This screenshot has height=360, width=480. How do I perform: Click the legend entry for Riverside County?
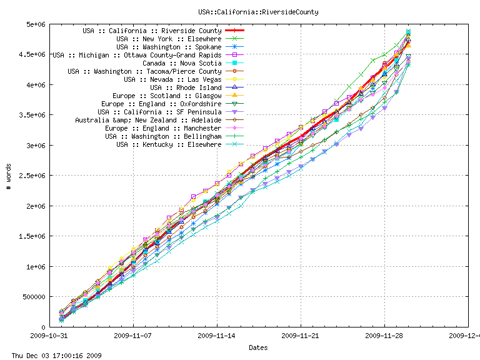pos(152,31)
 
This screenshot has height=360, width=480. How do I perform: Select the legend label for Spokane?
pos(169,47)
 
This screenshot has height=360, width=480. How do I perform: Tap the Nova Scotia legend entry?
pos(182,63)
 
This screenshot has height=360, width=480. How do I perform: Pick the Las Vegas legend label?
pos(172,79)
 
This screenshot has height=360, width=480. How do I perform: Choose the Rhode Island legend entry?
pos(186,87)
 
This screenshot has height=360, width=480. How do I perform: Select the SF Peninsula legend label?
pos(164,112)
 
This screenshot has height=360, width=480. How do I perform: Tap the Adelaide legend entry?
pos(148,120)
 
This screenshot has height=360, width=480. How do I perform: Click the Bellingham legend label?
pos(163,136)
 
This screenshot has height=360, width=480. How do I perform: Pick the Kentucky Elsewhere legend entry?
pos(169,144)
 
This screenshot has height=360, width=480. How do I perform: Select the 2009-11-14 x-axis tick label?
pos(217,335)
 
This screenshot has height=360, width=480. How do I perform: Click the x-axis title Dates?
pos(259,347)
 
